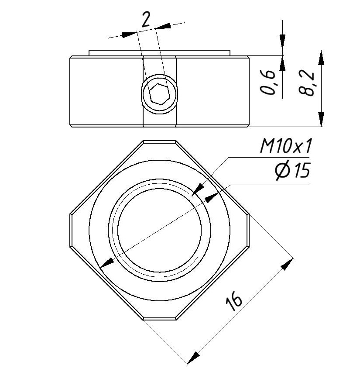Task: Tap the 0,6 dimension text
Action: [x=268, y=82]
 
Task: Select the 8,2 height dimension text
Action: [x=306, y=83]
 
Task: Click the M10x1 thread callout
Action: [x=285, y=146]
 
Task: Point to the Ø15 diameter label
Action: [x=292, y=170]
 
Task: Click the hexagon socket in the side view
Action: [x=160, y=94]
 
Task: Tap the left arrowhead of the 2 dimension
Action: [x=129, y=34]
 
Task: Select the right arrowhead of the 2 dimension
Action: [x=163, y=26]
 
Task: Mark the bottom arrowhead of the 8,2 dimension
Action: [x=321, y=119]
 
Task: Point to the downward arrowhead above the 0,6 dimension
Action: [x=282, y=42]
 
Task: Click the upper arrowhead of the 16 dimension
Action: [x=287, y=265]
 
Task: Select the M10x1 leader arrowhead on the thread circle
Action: [x=198, y=189]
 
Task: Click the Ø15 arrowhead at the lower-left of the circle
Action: [x=107, y=262]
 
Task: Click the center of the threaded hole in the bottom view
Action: [x=159, y=230]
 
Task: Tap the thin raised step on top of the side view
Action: [x=159, y=53]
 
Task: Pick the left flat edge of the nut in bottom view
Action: [x=70, y=231]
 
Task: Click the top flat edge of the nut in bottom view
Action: [x=159, y=141]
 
